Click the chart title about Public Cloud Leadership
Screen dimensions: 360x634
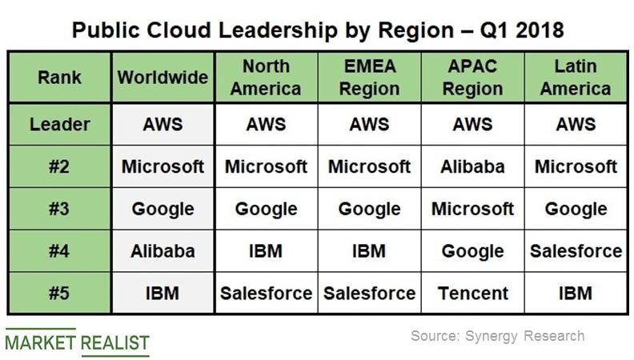click(318, 30)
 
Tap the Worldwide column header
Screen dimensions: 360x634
click(163, 78)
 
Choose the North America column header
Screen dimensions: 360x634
click(266, 78)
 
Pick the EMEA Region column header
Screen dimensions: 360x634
click(369, 78)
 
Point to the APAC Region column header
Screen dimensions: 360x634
click(472, 78)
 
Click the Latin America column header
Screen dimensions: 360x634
click(576, 78)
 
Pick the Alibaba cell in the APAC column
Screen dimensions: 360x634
click(472, 167)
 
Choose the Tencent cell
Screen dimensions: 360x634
click(472, 293)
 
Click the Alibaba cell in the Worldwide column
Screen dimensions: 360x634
click(163, 251)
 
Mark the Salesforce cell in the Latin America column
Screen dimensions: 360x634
click(576, 251)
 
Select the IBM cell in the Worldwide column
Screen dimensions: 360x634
click(163, 293)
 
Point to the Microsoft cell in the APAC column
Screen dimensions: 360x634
click(472, 209)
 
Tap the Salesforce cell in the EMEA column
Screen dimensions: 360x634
click(369, 293)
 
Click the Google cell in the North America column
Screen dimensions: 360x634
click(266, 209)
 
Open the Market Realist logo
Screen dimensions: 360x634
click(77, 342)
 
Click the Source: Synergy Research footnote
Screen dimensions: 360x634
click(497, 336)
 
